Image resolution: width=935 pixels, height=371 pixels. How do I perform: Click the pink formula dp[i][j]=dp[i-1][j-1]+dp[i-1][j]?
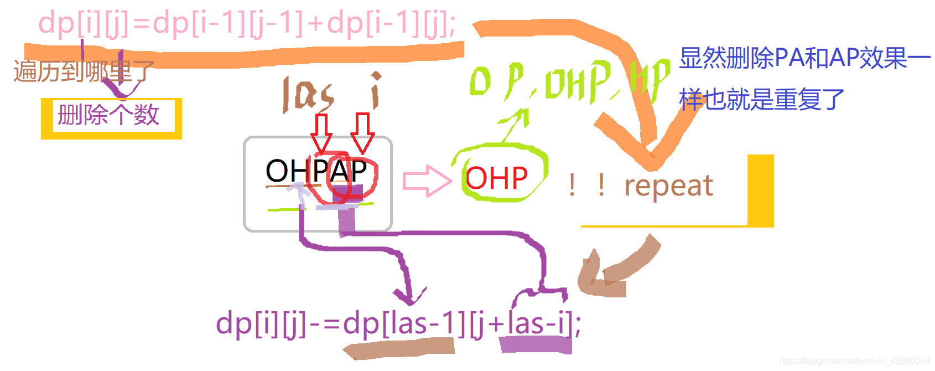(247, 24)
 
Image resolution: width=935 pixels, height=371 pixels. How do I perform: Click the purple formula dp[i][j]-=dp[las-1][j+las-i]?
(398, 323)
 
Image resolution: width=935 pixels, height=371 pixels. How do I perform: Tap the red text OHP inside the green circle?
(496, 178)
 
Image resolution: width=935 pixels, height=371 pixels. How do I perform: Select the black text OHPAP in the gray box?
(316, 171)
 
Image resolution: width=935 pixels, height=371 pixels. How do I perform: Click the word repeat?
(668, 185)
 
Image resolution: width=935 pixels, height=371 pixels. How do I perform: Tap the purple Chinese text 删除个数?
(108, 115)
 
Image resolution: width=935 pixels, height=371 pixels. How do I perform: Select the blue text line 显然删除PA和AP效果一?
(804, 58)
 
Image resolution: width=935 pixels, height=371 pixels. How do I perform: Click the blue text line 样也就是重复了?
(761, 100)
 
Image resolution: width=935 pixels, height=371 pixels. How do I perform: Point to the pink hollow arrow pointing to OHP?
(427, 181)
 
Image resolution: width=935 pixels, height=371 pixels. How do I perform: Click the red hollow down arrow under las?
(321, 132)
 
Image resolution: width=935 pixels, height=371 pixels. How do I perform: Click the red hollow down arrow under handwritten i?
(362, 133)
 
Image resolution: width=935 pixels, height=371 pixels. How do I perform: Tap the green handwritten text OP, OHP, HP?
(570, 81)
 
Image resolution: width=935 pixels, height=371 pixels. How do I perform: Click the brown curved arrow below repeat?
(614, 269)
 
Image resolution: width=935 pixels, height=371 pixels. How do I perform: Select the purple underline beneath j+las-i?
(535, 344)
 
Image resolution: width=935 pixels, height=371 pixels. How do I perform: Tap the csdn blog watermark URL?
(854, 361)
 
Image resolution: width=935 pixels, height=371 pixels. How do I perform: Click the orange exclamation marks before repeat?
(586, 185)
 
